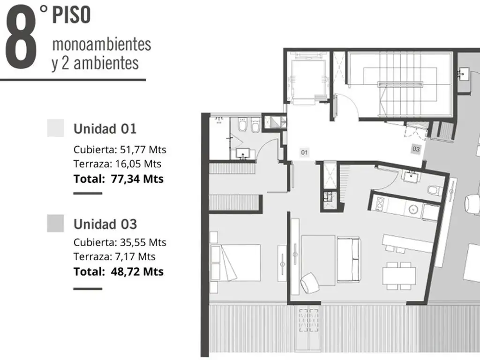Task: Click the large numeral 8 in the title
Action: pyautogui.click(x=21, y=37)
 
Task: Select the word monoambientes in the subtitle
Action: pyautogui.click(x=102, y=44)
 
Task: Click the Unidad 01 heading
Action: pyautogui.click(x=105, y=129)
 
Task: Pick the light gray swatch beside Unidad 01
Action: pyautogui.click(x=55, y=127)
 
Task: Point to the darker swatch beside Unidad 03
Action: pyautogui.click(x=55, y=223)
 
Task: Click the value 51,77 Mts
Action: pyautogui.click(x=143, y=150)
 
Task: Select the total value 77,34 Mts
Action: pyautogui.click(x=137, y=179)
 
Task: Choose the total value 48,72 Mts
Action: pyautogui.click(x=137, y=271)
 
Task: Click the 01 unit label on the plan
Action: pyautogui.click(x=304, y=152)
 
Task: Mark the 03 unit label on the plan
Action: pyautogui.click(x=416, y=149)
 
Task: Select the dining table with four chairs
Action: pyautogui.click(x=399, y=276)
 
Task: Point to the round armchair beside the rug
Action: pyautogui.click(x=310, y=283)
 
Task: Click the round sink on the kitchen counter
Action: pyautogui.click(x=413, y=210)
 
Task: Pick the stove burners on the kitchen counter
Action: pyautogui.click(x=380, y=203)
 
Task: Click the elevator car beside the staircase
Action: pyautogui.click(x=307, y=79)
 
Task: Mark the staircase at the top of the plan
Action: pyautogui.click(x=400, y=84)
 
